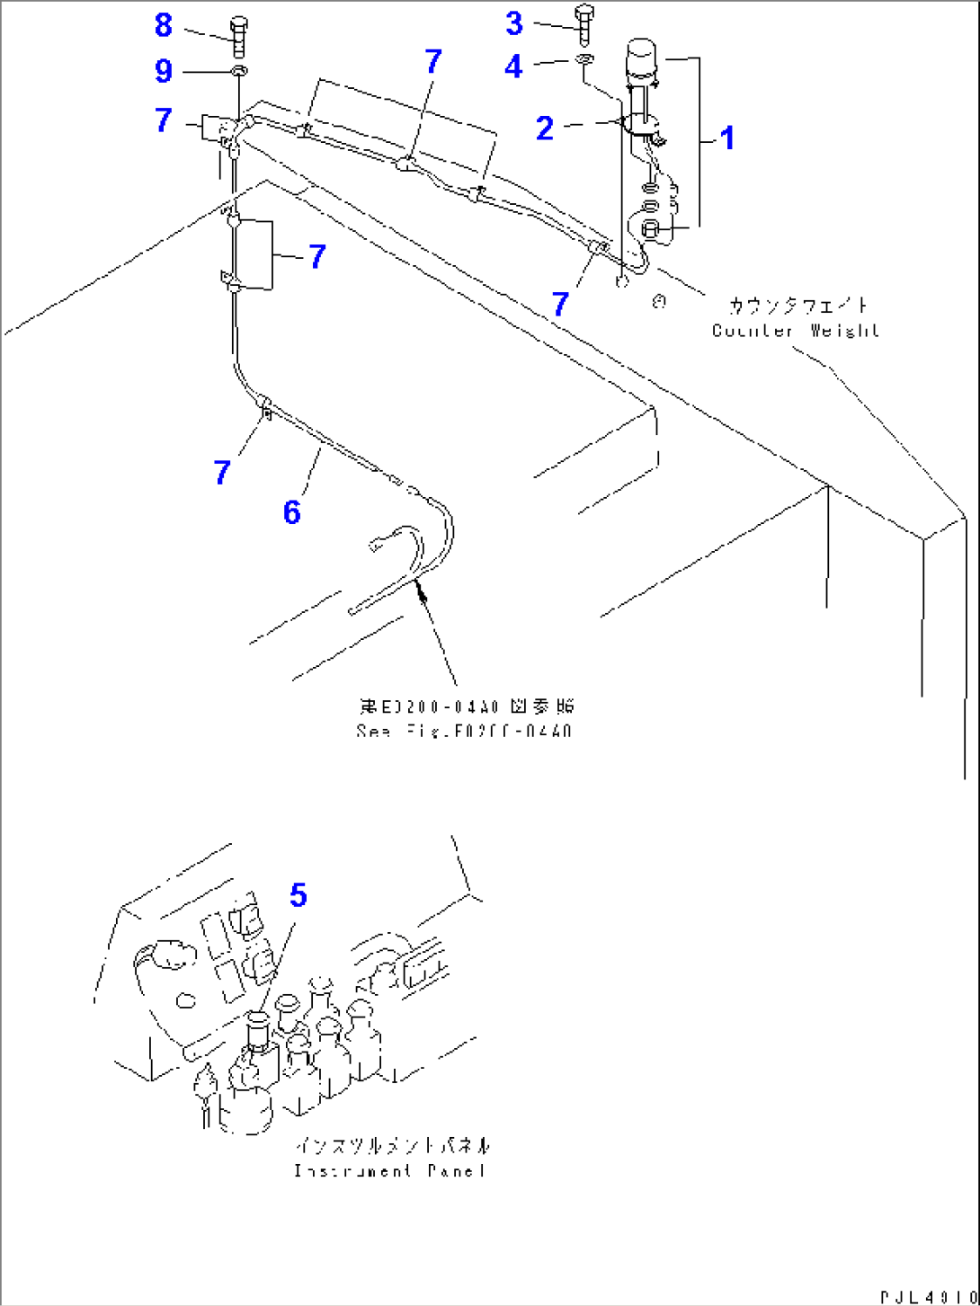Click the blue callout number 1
point(727,138)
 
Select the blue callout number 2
point(545,129)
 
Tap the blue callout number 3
point(514,23)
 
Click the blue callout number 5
point(298,894)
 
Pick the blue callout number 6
point(291,512)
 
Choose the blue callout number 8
point(163,25)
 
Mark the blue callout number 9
point(163,70)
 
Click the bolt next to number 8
point(238,36)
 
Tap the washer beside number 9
point(239,71)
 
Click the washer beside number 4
point(584,61)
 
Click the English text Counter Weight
point(795,331)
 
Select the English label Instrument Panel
point(389,1170)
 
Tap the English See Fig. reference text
point(463,731)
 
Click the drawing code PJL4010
point(927,1297)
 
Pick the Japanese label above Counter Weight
point(798,306)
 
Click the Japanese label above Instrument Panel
point(394,1146)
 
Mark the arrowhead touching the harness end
point(419,589)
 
